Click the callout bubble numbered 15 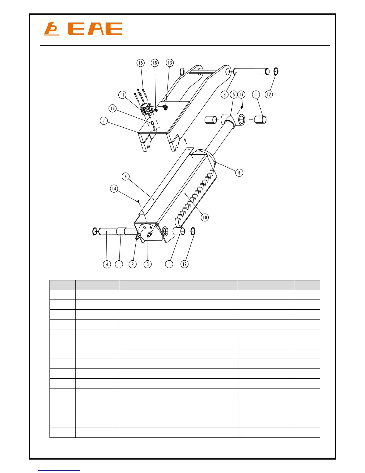click(140, 63)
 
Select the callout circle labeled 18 click(155, 63)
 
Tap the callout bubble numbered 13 click(170, 63)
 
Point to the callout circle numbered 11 click(122, 95)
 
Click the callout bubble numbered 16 click(112, 108)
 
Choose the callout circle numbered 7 click(104, 121)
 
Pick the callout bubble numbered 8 click(225, 95)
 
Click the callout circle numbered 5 click(234, 95)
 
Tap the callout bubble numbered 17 click(242, 95)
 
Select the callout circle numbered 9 click(126, 176)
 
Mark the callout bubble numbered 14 click(114, 189)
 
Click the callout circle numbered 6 click(239, 173)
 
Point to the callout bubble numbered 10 click(205, 217)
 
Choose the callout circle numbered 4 click(107, 264)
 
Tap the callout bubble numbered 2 click(133, 264)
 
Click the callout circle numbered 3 click(148, 264)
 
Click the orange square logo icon click(51, 29)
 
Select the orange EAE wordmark click(95, 29)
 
